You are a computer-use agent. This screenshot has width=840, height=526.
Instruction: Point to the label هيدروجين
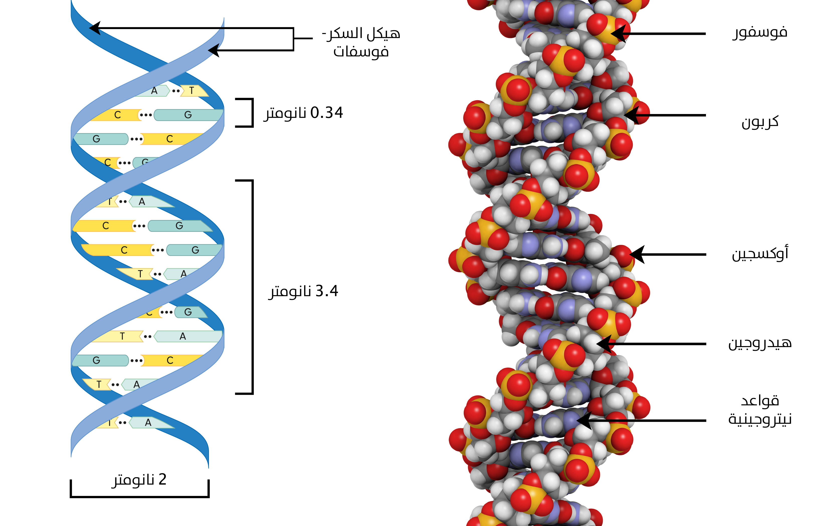760,343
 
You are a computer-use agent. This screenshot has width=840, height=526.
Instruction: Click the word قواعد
760,401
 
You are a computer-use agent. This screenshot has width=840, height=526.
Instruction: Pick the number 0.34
327,113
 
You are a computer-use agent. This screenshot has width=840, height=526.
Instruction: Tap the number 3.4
327,291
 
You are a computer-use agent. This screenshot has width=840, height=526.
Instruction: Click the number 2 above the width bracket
162,479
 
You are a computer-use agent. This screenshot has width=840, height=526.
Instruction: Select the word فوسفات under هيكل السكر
361,52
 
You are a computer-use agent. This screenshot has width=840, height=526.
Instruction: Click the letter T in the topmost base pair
191,91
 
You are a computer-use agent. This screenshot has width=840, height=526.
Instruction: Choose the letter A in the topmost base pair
154,91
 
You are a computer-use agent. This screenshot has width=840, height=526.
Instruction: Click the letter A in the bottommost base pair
148,422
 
